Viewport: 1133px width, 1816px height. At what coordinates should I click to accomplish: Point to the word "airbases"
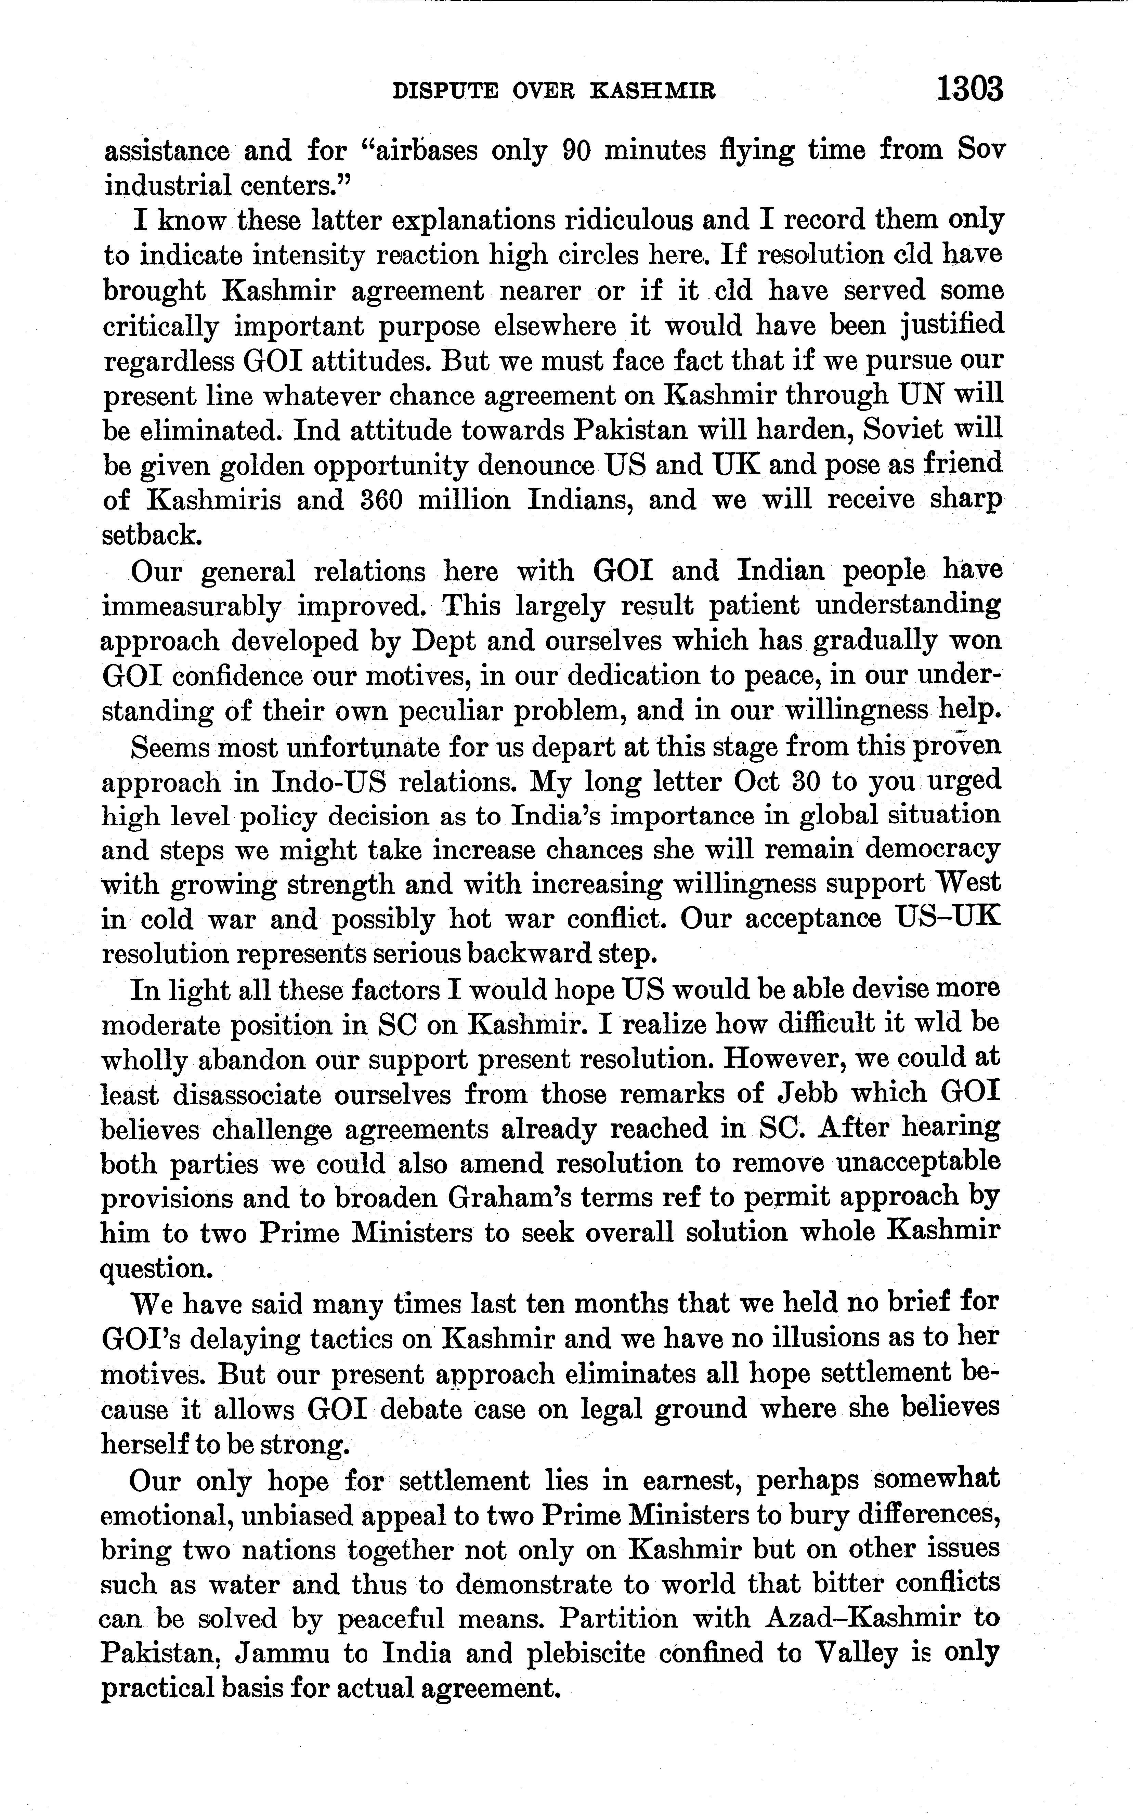pyautogui.click(x=417, y=150)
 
